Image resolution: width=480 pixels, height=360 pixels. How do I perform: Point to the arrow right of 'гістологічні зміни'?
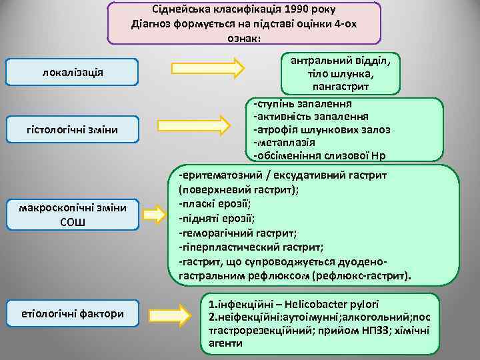pos(201,126)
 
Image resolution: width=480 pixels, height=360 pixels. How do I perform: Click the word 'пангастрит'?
pos(341,87)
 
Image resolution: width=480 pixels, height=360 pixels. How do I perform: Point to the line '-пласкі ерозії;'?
pos(213,203)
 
